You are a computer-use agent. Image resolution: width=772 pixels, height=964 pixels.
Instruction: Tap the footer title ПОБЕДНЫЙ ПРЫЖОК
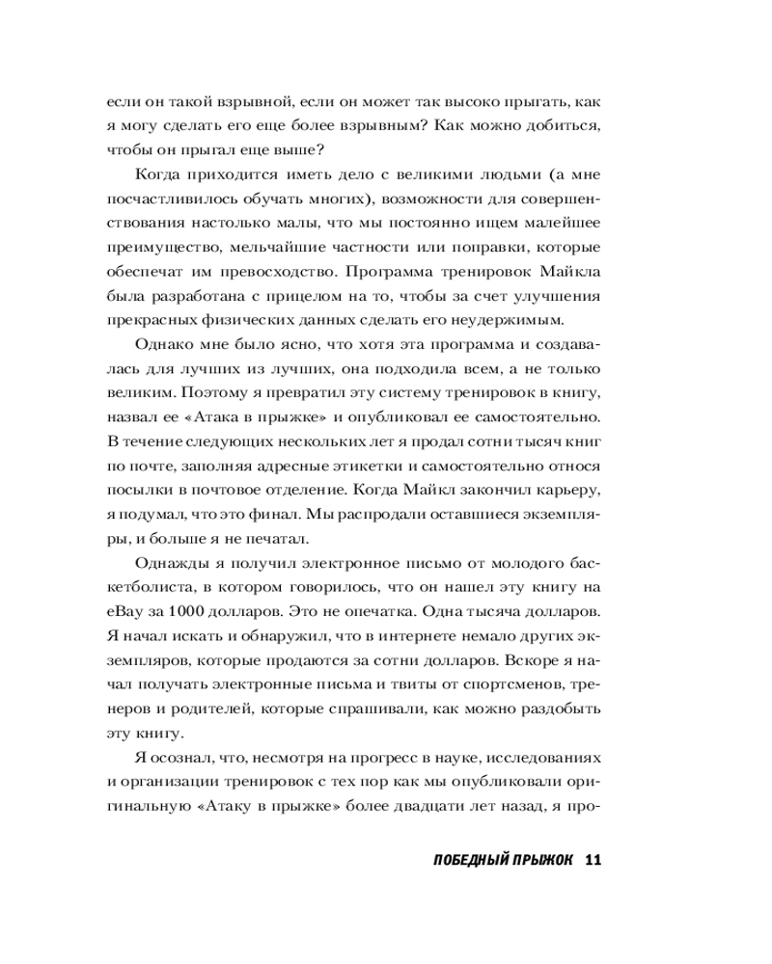point(492,861)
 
